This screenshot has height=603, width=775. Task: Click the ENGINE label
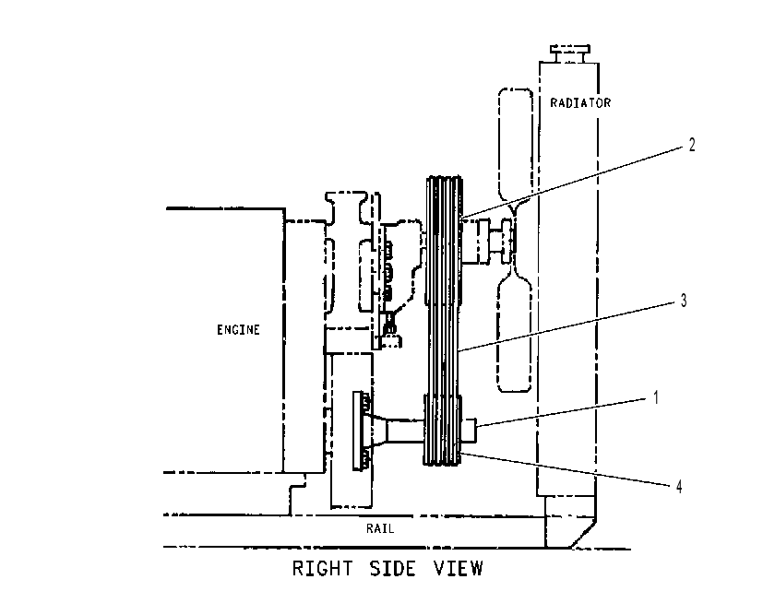238,330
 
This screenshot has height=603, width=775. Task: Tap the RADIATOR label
580,102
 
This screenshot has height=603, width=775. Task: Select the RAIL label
380,528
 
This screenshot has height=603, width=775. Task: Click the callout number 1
656,397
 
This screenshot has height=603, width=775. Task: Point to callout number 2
691,144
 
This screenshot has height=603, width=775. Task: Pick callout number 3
684,300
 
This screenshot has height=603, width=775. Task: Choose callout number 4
679,487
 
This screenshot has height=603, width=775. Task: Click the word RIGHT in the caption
322,569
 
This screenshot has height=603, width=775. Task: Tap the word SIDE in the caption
393,569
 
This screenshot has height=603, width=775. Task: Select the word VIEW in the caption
459,569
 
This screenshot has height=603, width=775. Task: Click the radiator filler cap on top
570,53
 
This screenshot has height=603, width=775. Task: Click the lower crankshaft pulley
442,430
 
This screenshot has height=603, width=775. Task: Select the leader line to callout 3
568,326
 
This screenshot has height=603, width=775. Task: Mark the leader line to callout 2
571,183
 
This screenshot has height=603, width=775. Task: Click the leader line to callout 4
566,468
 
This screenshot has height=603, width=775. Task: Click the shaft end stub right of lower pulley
469,431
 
